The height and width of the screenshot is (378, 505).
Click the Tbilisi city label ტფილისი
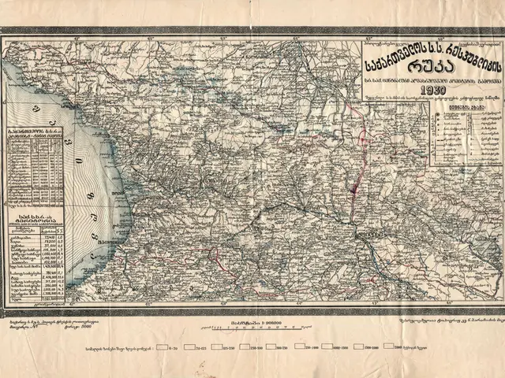point(368,235)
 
